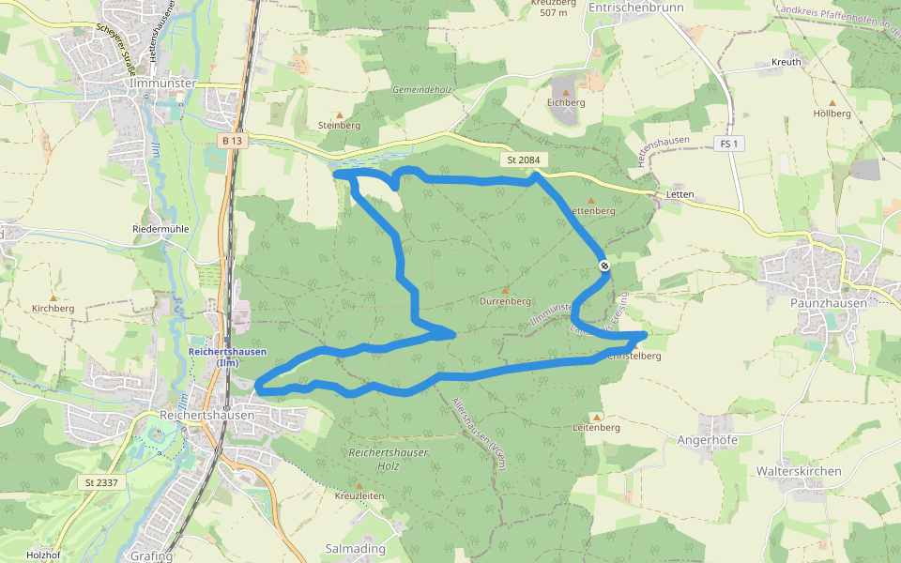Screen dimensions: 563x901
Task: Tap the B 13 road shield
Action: point(233,141)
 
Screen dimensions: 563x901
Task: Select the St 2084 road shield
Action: point(524,160)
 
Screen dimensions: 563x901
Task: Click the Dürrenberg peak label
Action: point(505,301)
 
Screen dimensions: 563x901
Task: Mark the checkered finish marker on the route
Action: point(605,266)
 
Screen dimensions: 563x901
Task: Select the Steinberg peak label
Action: point(339,125)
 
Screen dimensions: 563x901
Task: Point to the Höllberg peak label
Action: point(832,114)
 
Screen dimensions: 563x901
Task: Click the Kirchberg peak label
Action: point(53,308)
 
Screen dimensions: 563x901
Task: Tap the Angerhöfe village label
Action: point(708,439)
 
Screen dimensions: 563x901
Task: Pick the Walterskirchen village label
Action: point(799,471)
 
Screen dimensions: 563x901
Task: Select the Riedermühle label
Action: point(160,229)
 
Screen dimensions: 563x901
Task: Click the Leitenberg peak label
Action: point(596,427)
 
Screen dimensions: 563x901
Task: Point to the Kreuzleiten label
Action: point(359,495)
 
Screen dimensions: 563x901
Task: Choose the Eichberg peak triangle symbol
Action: point(566,92)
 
